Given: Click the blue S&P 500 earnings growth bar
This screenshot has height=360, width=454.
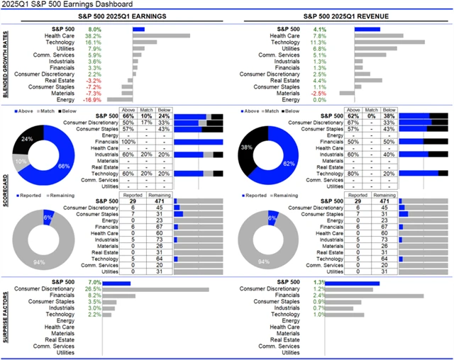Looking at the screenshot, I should pyautogui.click(x=138, y=29).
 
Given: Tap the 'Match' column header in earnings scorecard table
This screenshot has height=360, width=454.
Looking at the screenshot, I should pyautogui.click(x=145, y=111).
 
